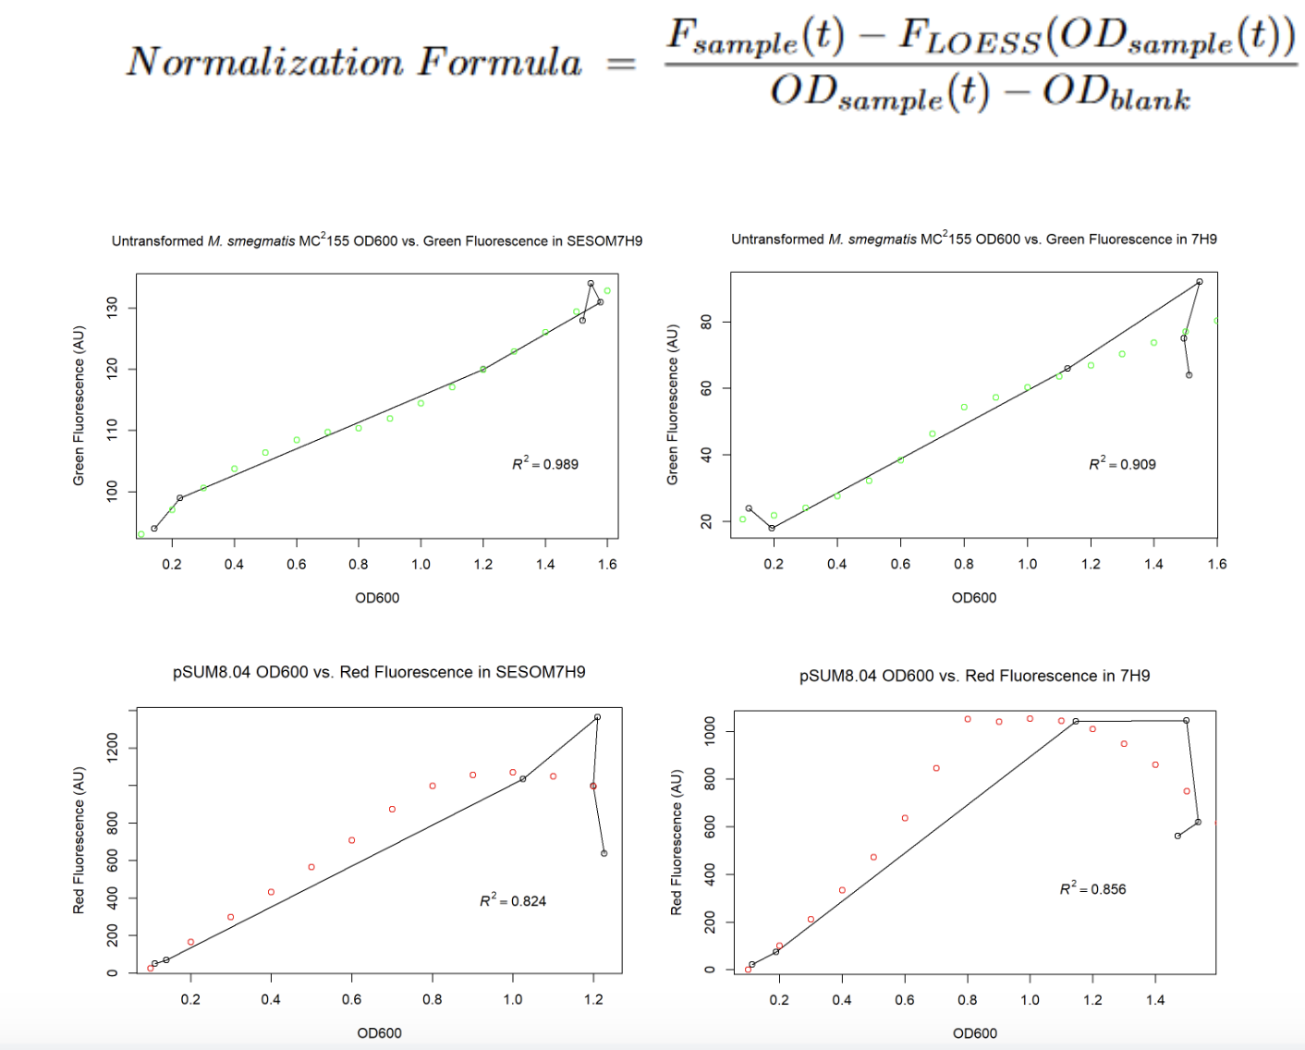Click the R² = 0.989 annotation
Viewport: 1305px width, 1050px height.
(545, 463)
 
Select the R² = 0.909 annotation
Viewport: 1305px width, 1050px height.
(1122, 463)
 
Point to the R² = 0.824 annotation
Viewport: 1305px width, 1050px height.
(513, 900)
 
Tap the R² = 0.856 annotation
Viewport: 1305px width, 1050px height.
(1092, 888)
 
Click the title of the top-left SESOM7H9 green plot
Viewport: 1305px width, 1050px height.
(377, 241)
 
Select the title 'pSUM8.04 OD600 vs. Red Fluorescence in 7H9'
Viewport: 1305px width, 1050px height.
(974, 676)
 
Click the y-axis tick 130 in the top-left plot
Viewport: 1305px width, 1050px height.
(113, 308)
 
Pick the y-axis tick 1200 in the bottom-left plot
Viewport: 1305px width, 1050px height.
(113, 747)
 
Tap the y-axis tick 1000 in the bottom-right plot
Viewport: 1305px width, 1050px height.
(710, 731)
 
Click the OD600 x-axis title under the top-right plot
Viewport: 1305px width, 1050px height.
(974, 598)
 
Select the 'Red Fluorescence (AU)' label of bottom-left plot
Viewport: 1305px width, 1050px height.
(79, 840)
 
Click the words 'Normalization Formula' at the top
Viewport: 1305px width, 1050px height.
(354, 62)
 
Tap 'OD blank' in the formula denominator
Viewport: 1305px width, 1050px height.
(1116, 93)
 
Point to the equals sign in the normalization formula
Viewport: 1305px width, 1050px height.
(621, 64)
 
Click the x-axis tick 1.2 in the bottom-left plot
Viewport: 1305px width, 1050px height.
(593, 999)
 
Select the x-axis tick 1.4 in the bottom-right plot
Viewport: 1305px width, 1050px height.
(1155, 1000)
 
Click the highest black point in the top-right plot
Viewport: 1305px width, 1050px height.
(1200, 282)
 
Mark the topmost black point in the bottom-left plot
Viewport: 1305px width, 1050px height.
(597, 717)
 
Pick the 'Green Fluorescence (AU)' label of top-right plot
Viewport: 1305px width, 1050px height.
(673, 404)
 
